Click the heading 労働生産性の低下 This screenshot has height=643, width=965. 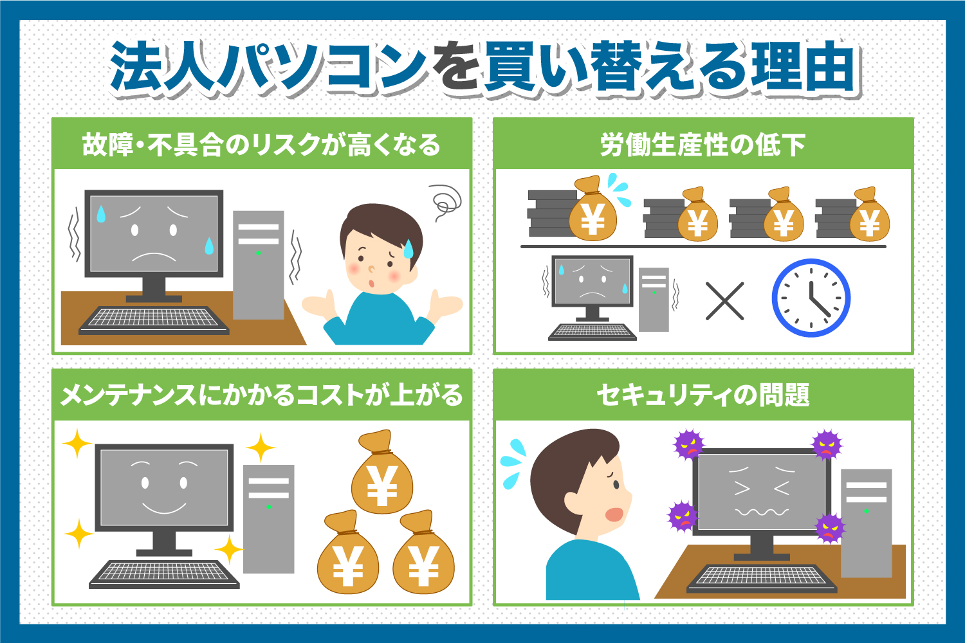click(703, 145)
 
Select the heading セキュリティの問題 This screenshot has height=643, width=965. click(703, 395)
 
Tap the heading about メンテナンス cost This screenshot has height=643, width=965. click(261, 395)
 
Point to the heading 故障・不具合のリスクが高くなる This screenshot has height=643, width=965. click(261, 145)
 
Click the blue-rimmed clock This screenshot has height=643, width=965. click(811, 298)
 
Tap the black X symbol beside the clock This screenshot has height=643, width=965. click(724, 301)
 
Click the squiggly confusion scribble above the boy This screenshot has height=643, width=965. click(445, 203)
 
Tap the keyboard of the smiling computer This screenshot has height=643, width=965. click(164, 575)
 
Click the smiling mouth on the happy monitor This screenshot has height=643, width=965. click(164, 507)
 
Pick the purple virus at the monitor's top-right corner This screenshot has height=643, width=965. click(827, 445)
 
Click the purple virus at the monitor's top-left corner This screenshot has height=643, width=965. click(689, 444)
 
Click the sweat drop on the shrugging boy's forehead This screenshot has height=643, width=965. click(408, 249)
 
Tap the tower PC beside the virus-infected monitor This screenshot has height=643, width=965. click(867, 523)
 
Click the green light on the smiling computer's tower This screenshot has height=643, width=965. click(268, 507)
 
